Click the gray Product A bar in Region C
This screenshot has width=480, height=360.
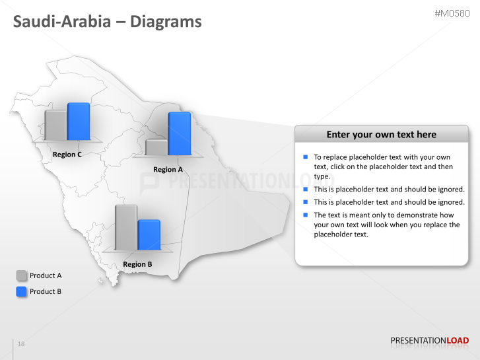[55, 125]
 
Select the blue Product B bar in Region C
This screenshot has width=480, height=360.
[79, 121]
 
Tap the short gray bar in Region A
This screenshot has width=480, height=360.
[156, 147]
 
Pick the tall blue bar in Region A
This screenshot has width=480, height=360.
[179, 133]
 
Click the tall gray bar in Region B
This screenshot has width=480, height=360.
[126, 227]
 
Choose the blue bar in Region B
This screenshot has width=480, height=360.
[149, 235]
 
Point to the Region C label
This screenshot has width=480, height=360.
[67, 155]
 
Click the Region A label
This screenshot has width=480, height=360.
[168, 169]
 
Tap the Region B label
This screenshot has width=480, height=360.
[137, 264]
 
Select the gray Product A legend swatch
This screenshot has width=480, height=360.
[22, 275]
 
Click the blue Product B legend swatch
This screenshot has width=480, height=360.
[22, 291]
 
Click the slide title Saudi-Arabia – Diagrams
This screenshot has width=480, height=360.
[108, 22]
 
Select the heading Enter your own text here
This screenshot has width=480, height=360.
[381, 134]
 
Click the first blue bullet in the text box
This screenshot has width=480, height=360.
[306, 157]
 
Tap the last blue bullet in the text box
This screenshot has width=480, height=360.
[306, 215]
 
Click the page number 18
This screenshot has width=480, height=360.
[21, 344]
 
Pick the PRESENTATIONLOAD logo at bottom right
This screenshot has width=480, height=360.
[429, 341]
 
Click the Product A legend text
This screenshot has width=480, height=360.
[46, 275]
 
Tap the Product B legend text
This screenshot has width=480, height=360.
[46, 291]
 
